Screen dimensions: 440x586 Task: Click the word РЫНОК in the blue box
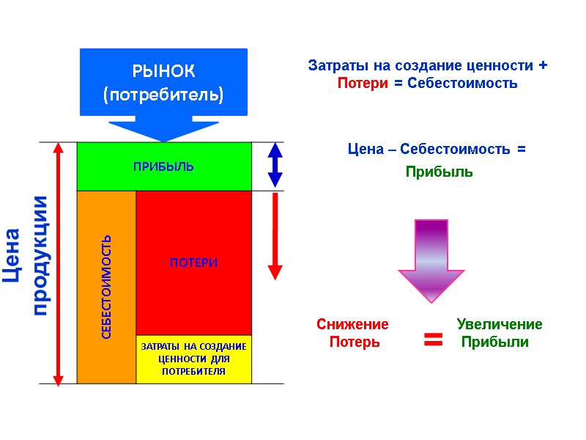click(163, 72)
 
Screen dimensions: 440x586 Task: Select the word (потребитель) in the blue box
click(163, 95)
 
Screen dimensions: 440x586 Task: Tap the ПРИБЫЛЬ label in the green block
click(163, 166)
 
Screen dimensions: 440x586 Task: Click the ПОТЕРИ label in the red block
click(194, 263)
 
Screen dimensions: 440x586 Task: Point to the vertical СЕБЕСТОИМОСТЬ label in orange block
click(107, 287)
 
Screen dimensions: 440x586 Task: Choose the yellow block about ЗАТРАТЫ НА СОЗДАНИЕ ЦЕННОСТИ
click(193, 359)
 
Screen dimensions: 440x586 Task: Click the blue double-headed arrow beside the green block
click(275, 164)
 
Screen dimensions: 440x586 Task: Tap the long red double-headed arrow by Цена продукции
click(59, 263)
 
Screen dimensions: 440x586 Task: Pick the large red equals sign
click(433, 339)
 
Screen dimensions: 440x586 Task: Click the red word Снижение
click(352, 324)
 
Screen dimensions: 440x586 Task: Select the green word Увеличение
click(500, 324)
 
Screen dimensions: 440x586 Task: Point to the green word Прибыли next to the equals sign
click(495, 342)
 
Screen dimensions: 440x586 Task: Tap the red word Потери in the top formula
click(363, 84)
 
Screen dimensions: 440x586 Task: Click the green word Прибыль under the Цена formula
click(439, 172)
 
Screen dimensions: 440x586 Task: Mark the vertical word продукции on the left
click(41, 255)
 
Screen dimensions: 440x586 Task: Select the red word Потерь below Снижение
click(355, 342)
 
